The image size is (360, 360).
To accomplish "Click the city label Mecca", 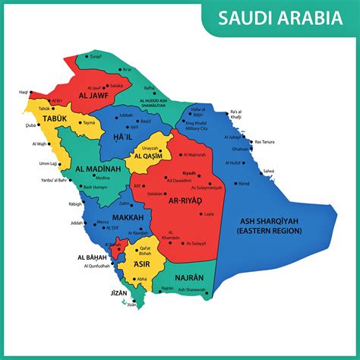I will [101, 223].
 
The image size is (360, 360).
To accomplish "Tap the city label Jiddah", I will [74, 223].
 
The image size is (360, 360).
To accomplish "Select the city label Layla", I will [210, 214].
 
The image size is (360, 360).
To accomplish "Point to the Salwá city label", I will [268, 172].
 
